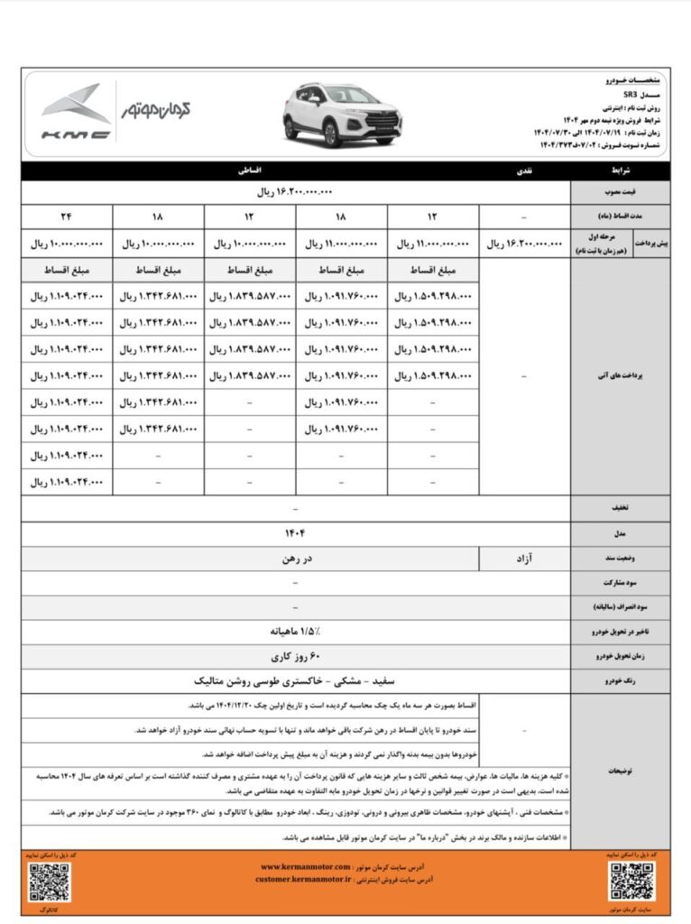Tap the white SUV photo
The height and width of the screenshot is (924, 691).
click(x=342, y=114)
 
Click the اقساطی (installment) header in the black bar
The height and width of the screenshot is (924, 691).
click(x=249, y=170)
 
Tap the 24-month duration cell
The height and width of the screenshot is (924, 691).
click(x=67, y=217)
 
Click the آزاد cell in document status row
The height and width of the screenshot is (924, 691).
click(x=524, y=559)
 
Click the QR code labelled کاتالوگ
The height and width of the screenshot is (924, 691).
click(x=50, y=882)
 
